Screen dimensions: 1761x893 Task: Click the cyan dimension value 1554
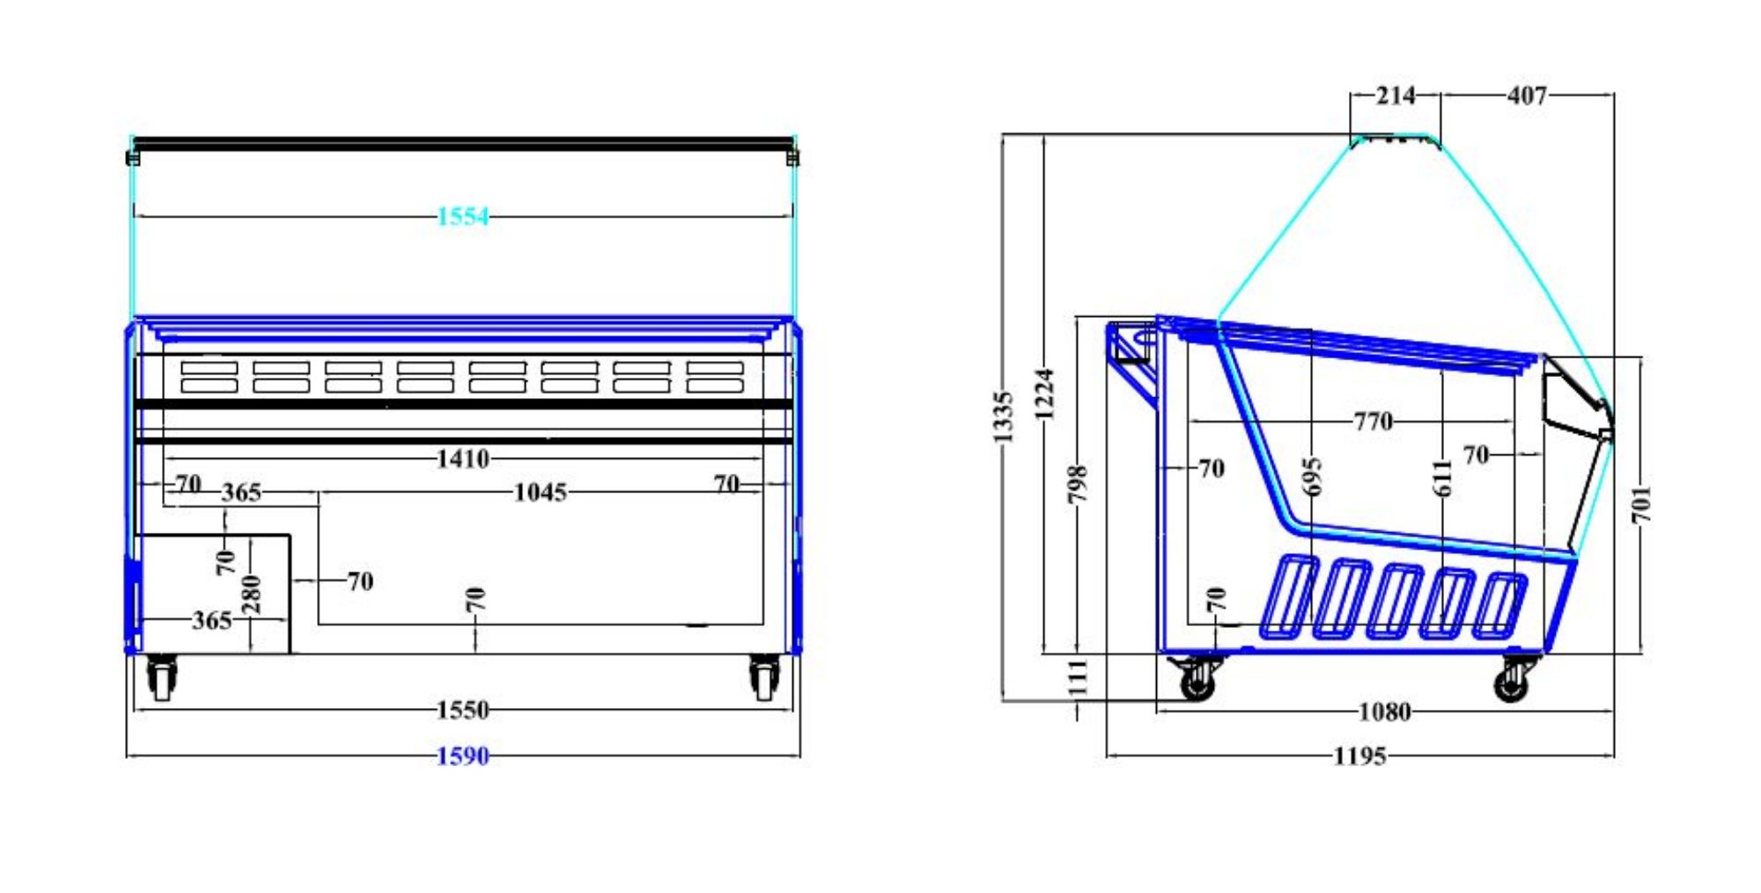(463, 217)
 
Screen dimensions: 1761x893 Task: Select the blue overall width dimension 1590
(463, 756)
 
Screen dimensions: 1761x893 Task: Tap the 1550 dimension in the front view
(463, 710)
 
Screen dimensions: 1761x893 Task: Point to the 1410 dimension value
(463, 459)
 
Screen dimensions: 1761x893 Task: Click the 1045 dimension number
(540, 492)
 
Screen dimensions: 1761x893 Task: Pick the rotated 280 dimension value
(252, 594)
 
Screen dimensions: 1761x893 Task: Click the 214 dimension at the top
(1396, 95)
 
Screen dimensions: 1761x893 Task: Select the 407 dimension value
(1527, 95)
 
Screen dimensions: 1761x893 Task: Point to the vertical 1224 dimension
(1044, 394)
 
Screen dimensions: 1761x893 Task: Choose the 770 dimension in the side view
(1374, 422)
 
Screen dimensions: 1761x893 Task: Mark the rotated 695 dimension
(1312, 476)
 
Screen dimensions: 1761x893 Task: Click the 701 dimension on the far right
(1642, 505)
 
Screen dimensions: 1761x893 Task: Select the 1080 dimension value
(1385, 712)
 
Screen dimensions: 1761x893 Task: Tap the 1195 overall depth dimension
(1360, 756)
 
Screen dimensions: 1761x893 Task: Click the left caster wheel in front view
(162, 678)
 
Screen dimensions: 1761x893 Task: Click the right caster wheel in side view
(1513, 679)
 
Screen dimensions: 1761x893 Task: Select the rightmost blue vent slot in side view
(1499, 605)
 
